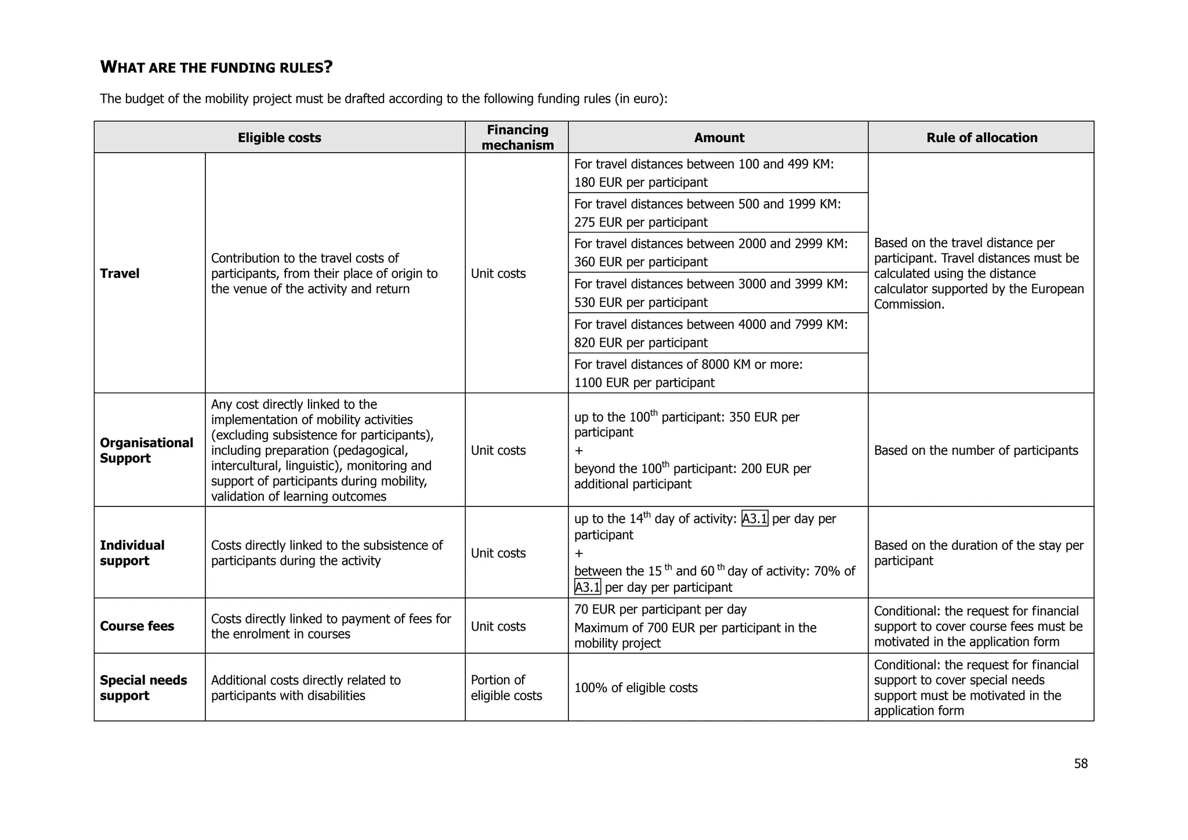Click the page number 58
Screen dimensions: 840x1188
pos(1081,763)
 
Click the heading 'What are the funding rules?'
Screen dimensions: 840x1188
pos(216,67)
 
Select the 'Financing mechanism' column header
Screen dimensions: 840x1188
pos(517,137)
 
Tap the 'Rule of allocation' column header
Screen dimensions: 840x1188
pos(981,137)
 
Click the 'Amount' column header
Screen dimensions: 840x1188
pos(719,137)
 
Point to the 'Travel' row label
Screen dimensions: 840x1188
pos(119,273)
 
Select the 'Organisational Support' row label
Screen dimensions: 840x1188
pos(146,450)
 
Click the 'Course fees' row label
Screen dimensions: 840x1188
pos(137,626)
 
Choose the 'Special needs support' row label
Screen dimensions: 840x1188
pos(143,687)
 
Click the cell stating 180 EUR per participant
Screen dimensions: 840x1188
pos(640,182)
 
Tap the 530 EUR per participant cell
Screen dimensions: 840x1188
pos(640,302)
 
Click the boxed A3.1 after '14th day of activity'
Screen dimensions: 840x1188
pos(754,519)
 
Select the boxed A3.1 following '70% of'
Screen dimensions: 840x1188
pos(587,587)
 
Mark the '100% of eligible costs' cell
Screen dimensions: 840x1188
pos(636,687)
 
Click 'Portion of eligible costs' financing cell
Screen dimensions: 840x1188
pos(506,687)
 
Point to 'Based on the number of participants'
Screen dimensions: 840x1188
pos(976,450)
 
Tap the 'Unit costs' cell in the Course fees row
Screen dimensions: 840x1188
pos(498,626)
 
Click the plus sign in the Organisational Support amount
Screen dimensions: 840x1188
pos(578,451)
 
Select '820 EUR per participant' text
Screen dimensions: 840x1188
pos(640,342)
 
